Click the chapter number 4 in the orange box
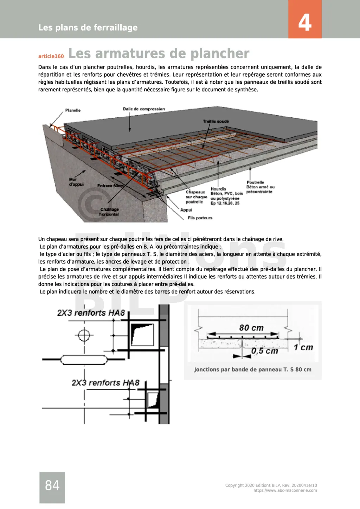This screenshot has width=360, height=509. (305, 22)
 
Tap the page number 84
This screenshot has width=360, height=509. (52, 485)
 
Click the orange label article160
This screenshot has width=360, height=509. (51, 56)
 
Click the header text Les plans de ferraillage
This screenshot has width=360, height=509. (88, 27)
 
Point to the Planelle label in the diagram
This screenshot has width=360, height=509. (73, 110)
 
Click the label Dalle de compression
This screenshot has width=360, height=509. (144, 109)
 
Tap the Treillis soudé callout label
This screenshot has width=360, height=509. (216, 121)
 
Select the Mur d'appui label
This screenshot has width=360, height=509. (76, 182)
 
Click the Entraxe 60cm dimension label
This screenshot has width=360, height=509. (110, 186)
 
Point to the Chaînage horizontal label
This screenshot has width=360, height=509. (109, 212)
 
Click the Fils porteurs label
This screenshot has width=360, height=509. (200, 218)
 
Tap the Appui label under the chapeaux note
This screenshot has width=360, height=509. (186, 210)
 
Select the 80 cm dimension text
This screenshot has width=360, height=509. (251, 328)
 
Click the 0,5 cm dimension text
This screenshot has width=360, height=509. (264, 351)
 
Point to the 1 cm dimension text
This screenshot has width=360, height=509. (303, 347)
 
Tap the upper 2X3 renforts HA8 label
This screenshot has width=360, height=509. (91, 313)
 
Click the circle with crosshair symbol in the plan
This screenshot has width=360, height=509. (84, 334)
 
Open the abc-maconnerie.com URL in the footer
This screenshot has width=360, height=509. (285, 490)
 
